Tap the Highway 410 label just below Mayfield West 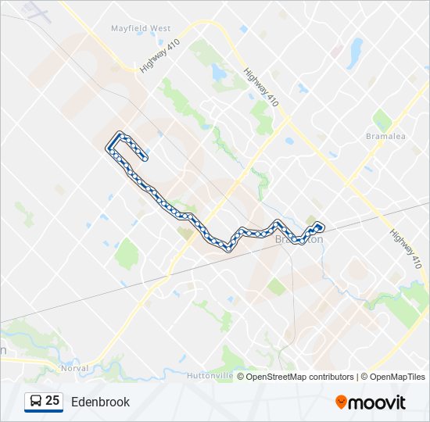(x=159, y=55)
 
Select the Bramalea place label (x=385, y=136)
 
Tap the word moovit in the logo (x=378, y=402)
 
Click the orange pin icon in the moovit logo (x=342, y=402)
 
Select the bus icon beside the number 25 (x=36, y=402)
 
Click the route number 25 (x=52, y=401)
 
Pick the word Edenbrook (x=100, y=402)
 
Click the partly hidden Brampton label (x=299, y=241)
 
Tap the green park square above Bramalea (x=382, y=120)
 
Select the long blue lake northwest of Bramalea (x=356, y=52)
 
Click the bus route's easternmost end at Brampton (x=321, y=227)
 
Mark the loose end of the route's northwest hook (x=145, y=159)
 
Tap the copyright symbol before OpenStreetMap (x=241, y=377)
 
